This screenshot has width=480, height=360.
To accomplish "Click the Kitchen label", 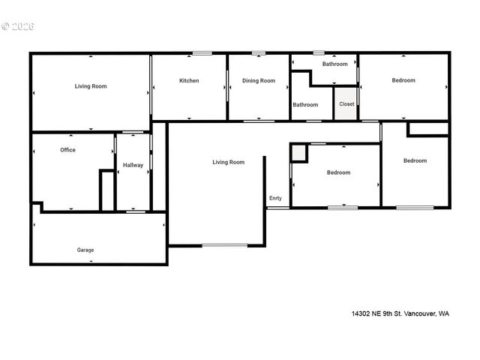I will pyautogui.click(x=189, y=80).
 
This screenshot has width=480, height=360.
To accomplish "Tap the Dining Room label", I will pyautogui.click(x=259, y=80).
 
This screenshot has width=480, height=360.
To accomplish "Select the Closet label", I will pyautogui.click(x=346, y=104).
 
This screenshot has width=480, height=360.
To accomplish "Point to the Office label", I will pyautogui.click(x=67, y=150).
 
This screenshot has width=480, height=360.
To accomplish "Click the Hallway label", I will pyautogui.click(x=133, y=165).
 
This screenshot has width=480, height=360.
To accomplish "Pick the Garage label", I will pyautogui.click(x=85, y=250).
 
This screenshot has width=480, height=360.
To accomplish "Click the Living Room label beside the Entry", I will pyautogui.click(x=229, y=162).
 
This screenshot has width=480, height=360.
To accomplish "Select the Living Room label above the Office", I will pyautogui.click(x=91, y=86).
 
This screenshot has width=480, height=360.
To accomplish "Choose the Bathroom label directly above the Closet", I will pyautogui.click(x=335, y=64).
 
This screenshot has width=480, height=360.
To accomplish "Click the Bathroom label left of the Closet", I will pyautogui.click(x=305, y=105).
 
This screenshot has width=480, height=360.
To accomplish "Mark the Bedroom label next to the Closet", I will pyautogui.click(x=403, y=80).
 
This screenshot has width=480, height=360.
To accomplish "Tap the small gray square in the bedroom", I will pyautogui.click(x=298, y=153).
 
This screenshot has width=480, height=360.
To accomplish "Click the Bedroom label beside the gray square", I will pyautogui.click(x=338, y=172).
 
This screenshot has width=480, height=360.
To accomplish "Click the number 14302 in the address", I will pyautogui.click(x=362, y=313).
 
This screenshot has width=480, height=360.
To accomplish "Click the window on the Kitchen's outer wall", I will pyautogui.click(x=202, y=52).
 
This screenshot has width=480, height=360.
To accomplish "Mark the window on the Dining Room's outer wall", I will pyautogui.click(x=259, y=52).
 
